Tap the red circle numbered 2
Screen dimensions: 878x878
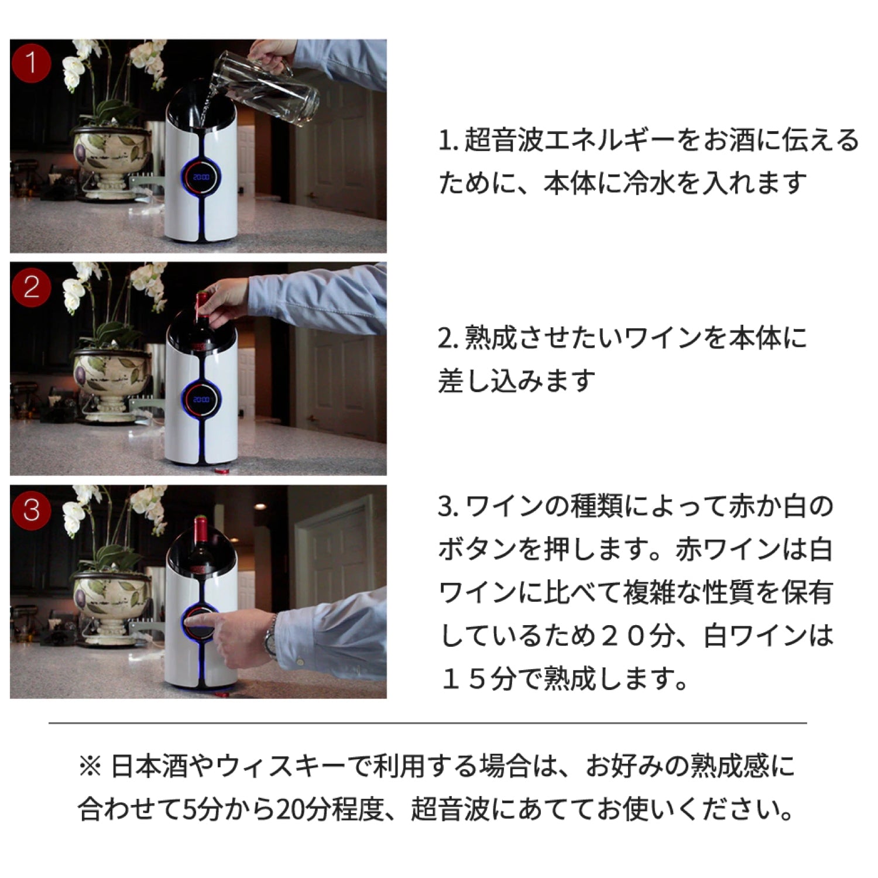[31, 287]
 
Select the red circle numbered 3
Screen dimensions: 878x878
[31, 510]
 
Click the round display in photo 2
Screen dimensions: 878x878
[201, 400]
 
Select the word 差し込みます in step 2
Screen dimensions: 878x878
[517, 381]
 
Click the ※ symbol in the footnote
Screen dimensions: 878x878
[90, 767]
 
